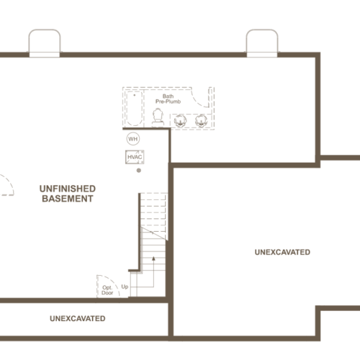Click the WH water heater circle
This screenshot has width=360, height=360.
coord(133,139)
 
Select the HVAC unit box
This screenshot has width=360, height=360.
coord(135,157)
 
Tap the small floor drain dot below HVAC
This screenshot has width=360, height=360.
coord(139,171)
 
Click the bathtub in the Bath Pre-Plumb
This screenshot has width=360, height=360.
coord(135,108)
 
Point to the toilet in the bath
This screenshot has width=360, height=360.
coord(158,117)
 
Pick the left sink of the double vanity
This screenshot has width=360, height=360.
coord(180,121)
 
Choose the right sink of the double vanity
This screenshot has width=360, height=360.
coord(201,121)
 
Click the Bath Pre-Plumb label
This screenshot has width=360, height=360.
coord(168,99)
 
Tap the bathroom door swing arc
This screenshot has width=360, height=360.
coord(197,101)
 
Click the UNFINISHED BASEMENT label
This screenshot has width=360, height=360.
coord(68,194)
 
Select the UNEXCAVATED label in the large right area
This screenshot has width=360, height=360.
coord(282,252)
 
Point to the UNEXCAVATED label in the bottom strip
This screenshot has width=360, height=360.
coord(78,318)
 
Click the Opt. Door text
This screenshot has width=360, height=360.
coord(107,290)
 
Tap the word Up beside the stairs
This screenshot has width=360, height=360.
coord(125,287)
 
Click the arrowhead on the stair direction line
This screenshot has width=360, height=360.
coord(153,258)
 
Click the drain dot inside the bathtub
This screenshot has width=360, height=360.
coord(135,95)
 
